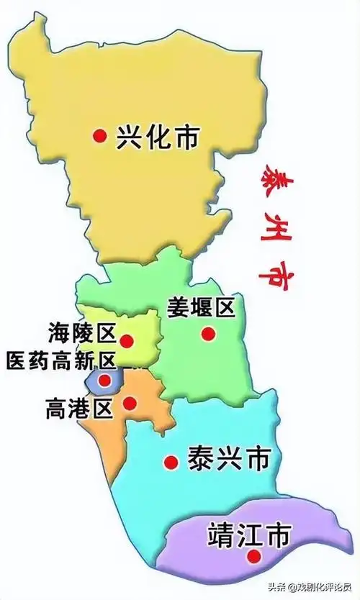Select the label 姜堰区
201,307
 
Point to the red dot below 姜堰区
207,334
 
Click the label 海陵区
82,334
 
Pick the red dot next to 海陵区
127,340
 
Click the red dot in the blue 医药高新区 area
105,380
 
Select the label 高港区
79,409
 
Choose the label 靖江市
248,536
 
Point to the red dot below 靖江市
253,556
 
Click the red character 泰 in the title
274,176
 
